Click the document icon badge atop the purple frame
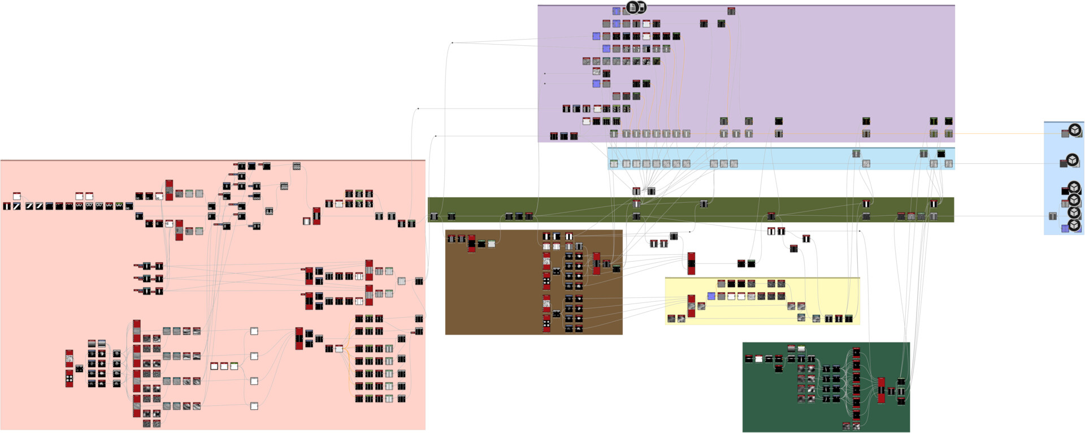point(632,8)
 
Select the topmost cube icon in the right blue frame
point(1075,130)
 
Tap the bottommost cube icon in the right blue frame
point(1074,224)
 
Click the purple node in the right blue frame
point(1065,228)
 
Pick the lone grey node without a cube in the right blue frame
point(1052,216)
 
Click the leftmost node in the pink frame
point(7,206)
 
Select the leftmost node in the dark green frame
point(749,359)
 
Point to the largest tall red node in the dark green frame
point(881,390)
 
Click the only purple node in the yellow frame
point(711,296)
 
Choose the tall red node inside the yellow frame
point(691,306)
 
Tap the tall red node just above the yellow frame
point(691,263)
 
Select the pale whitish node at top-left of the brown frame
point(492,244)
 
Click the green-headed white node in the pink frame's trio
point(234,366)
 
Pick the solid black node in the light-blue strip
point(941,154)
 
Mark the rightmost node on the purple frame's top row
point(731,11)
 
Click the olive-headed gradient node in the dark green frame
point(801,349)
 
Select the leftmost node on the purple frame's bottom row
point(554,136)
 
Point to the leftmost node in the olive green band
point(434,216)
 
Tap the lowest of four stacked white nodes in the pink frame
point(254,406)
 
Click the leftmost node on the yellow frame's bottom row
point(671,319)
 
